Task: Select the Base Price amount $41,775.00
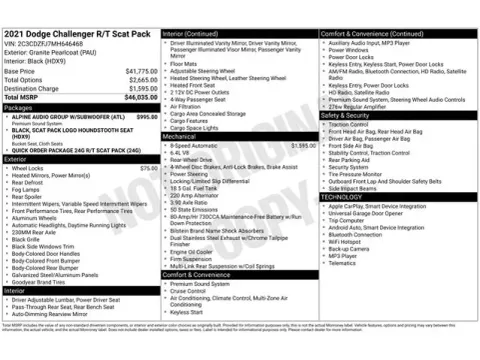click(141, 72)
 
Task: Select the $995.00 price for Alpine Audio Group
click(146, 117)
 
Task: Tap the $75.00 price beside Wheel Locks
click(148, 168)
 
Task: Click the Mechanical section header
click(181, 136)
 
